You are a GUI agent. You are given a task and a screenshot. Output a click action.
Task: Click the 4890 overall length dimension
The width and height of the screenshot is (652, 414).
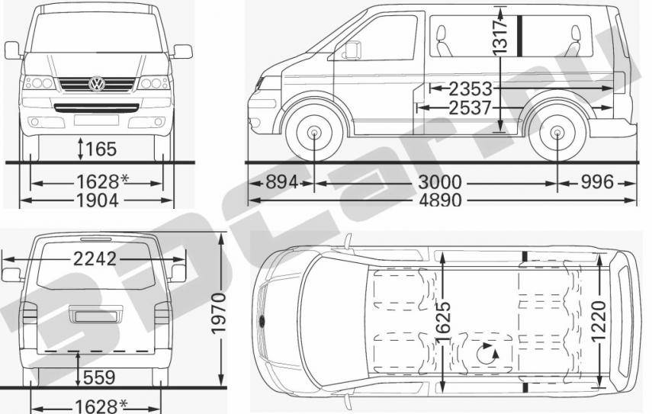coord(440,201)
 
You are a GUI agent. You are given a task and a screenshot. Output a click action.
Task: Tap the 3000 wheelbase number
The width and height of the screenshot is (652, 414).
coord(440,182)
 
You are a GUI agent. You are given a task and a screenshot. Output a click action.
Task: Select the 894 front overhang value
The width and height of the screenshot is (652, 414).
coord(282,182)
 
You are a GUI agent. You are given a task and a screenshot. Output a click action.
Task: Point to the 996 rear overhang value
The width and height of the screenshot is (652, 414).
coord(597,182)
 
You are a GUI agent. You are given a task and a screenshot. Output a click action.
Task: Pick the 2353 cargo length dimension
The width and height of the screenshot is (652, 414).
coord(471,88)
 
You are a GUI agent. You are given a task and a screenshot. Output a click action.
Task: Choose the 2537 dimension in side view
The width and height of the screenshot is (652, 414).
coord(471,108)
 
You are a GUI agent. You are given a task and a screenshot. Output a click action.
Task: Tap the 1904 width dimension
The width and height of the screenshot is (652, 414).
coord(98,201)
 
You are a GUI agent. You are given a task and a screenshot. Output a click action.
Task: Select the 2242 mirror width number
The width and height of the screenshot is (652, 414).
coord(95,259)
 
